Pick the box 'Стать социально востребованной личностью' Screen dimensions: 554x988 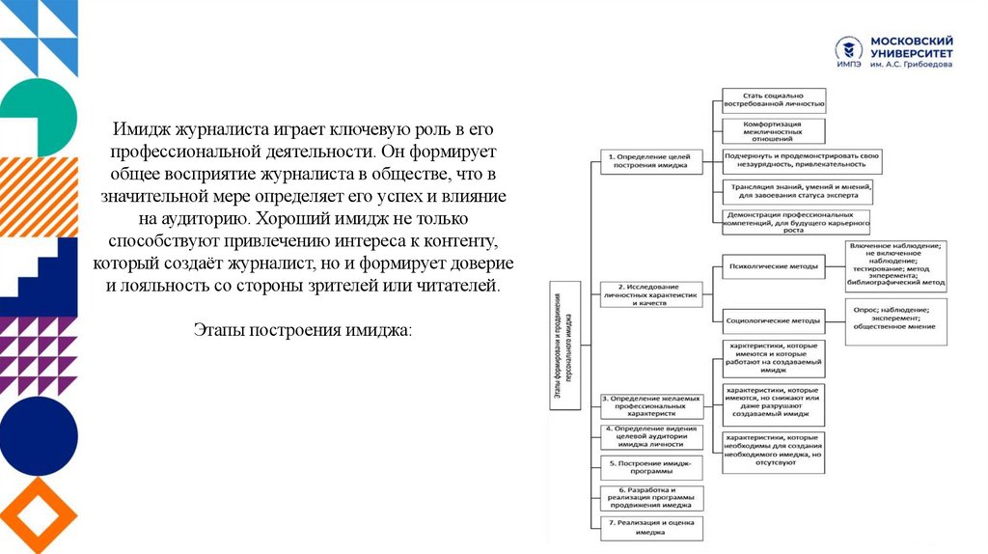774,99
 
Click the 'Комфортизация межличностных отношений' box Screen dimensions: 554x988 774,131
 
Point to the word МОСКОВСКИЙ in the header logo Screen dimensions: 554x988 912,42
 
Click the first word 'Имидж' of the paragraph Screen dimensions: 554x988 132,128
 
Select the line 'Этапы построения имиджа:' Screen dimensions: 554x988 302,330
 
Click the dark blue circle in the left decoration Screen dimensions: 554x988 39,435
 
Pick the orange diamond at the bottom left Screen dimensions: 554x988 39,514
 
